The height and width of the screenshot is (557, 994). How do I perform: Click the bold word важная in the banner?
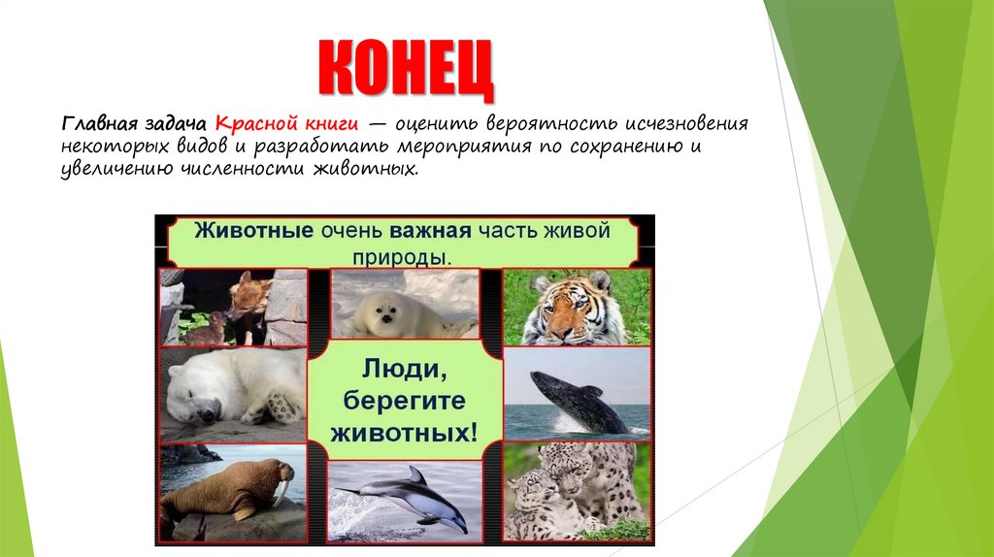[431, 232]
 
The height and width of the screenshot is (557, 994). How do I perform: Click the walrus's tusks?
[281, 494]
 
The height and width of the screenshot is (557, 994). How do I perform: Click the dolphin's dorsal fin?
[416, 475]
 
